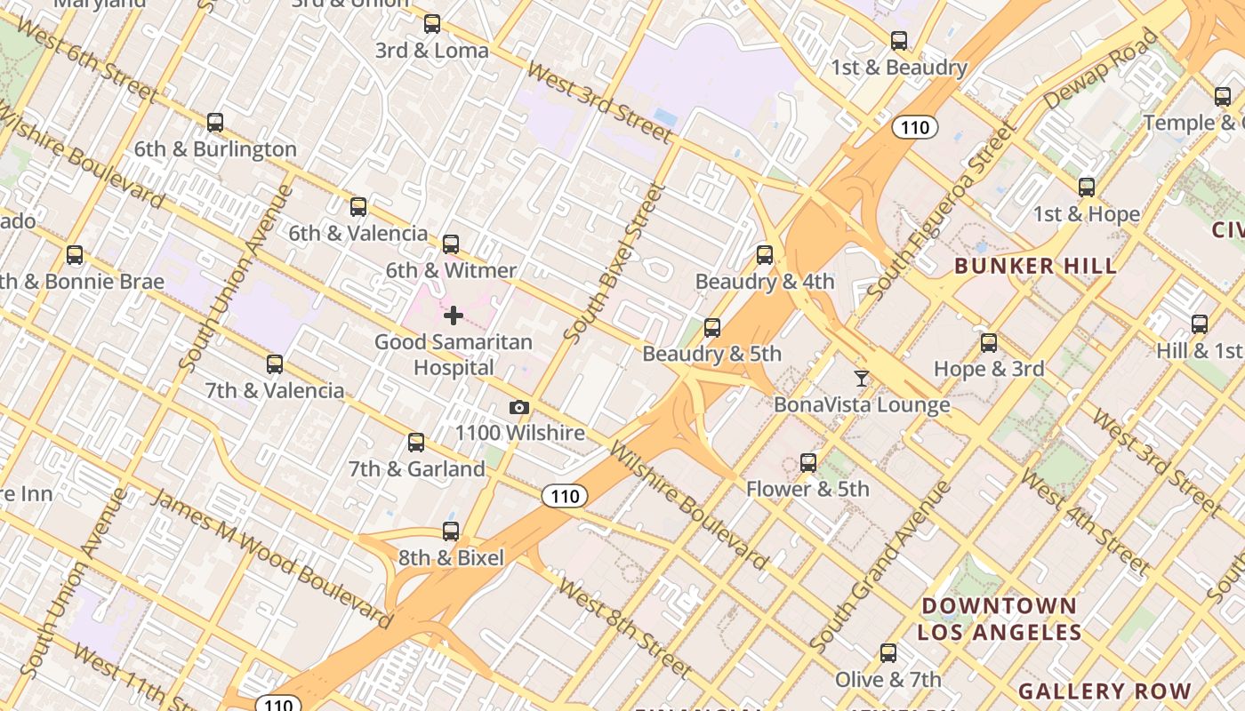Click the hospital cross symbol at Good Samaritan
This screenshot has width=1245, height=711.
click(x=454, y=316)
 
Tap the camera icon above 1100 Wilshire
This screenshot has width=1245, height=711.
click(x=519, y=408)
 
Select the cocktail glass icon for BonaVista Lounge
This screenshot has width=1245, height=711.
click(x=861, y=379)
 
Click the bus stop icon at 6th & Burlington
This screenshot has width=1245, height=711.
click(x=214, y=123)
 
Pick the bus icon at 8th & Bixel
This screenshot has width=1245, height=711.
click(x=451, y=531)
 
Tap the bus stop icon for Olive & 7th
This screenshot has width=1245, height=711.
click(x=888, y=653)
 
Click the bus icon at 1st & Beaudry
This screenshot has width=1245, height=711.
click(x=899, y=41)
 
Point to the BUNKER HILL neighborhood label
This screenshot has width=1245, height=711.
click(x=1035, y=265)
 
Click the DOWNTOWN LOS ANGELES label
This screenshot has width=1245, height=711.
click(x=999, y=619)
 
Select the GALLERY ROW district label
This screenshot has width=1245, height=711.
click(x=1104, y=691)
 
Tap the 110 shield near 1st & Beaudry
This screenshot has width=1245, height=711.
click(x=914, y=127)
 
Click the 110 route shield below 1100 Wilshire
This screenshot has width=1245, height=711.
click(x=565, y=496)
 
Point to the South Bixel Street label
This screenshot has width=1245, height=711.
click(x=614, y=263)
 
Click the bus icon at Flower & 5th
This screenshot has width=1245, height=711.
click(x=807, y=463)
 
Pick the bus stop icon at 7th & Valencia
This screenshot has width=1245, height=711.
click(x=275, y=364)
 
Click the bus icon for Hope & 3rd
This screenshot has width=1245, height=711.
click(x=988, y=343)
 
